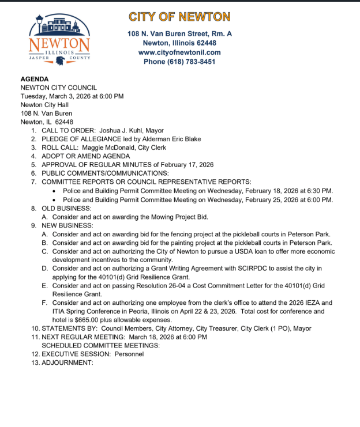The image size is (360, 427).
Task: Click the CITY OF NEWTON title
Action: pos(179,17)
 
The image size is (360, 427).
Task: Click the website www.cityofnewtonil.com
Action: pos(179,52)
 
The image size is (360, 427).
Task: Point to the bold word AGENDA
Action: pos(35,80)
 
